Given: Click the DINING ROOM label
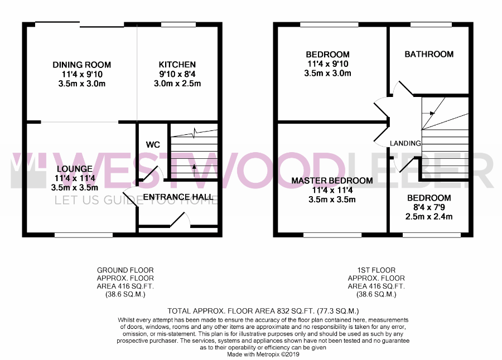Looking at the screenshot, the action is (x=81, y=65).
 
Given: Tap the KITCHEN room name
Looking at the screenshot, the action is (x=177, y=65).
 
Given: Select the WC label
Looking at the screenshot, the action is (x=153, y=145).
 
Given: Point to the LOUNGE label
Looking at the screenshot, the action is (x=75, y=169).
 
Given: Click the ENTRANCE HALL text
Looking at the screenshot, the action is (x=178, y=197).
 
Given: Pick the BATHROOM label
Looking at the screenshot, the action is (x=429, y=54).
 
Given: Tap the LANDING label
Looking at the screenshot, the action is (x=406, y=143).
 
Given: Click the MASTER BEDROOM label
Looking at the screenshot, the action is (x=332, y=181).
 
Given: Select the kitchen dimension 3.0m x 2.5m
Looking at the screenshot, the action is (x=177, y=84).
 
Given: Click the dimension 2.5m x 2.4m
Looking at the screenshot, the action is (x=429, y=217).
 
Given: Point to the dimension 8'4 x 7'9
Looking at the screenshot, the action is (x=429, y=207).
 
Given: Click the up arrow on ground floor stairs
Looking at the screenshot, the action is (x=194, y=170).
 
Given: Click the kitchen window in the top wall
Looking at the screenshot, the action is (x=178, y=25).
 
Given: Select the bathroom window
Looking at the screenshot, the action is (x=431, y=25).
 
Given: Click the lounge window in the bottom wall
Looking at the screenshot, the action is (x=84, y=235).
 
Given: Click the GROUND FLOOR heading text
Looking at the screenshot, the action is (x=125, y=270).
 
